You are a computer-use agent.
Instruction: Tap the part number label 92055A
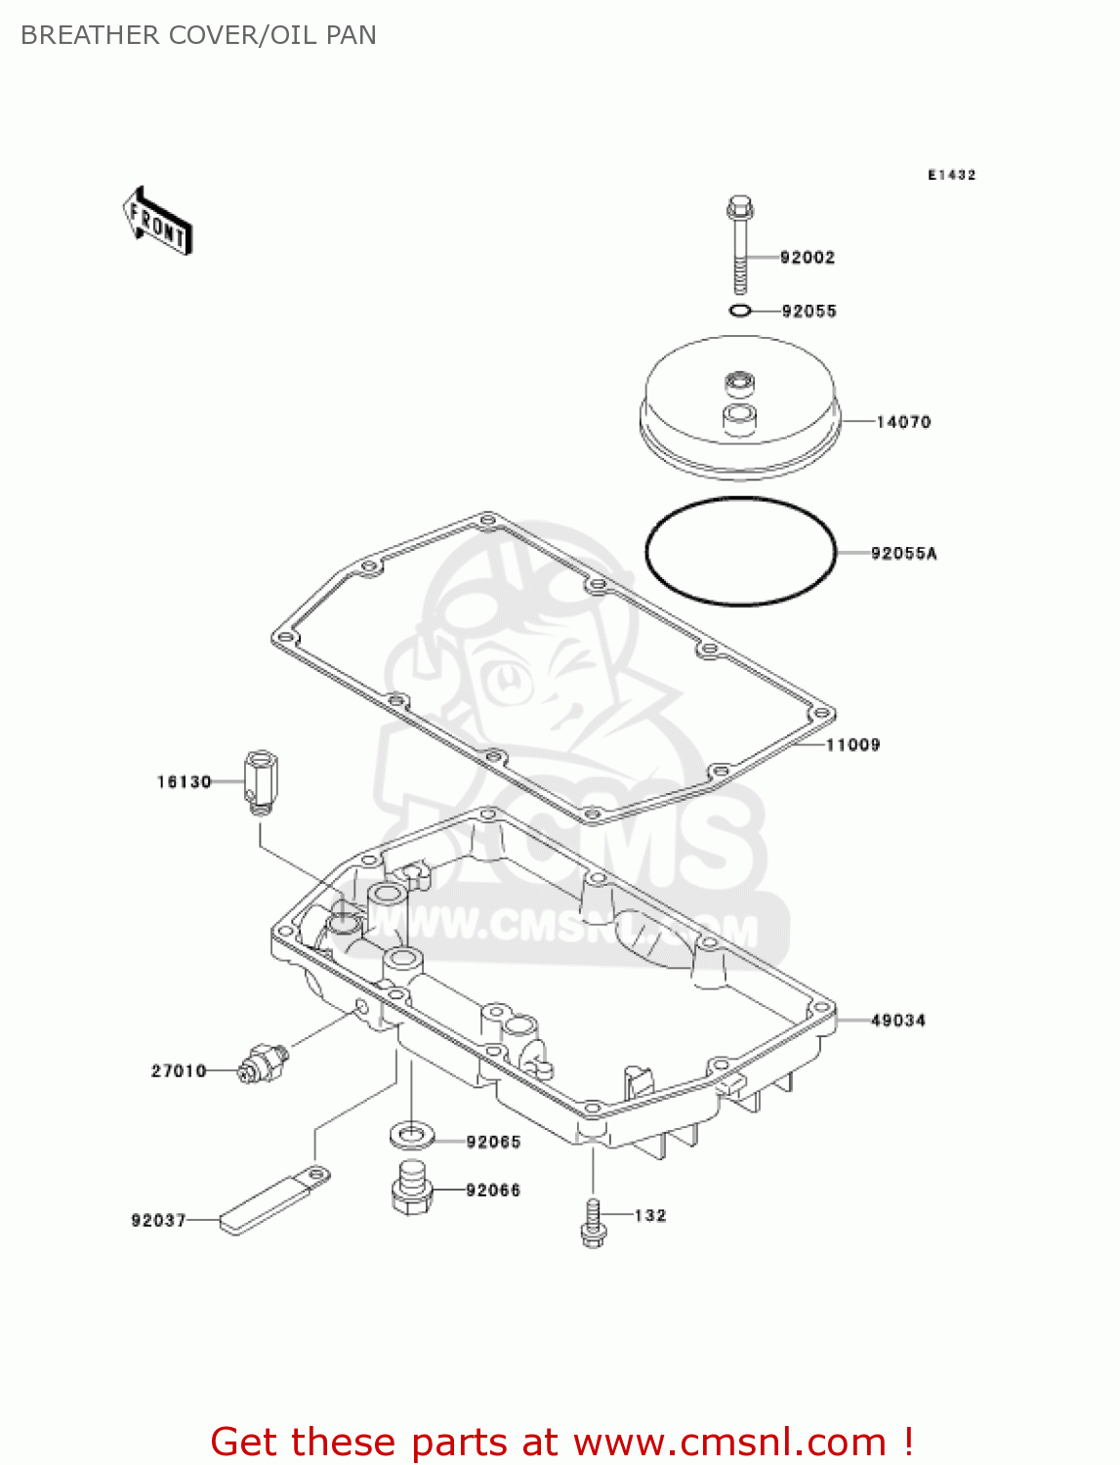pyautogui.click(x=903, y=554)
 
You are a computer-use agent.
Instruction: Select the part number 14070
pyautogui.click(x=903, y=422)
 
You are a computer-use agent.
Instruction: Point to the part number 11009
pyautogui.click(x=852, y=745)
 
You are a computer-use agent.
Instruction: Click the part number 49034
pyautogui.click(x=897, y=1021)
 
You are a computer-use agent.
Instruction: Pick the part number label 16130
pyautogui.click(x=185, y=782)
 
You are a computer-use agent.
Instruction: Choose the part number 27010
pyautogui.click(x=179, y=1071)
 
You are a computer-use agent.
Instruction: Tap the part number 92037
pyautogui.click(x=158, y=1221)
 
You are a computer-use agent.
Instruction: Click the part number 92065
pyautogui.click(x=493, y=1142)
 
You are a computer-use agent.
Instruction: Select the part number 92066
pyautogui.click(x=493, y=1191)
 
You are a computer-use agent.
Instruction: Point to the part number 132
pyautogui.click(x=650, y=1216)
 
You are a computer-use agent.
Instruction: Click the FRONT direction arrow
pyautogui.click(x=157, y=222)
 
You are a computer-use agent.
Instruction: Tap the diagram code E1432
pyautogui.click(x=951, y=175)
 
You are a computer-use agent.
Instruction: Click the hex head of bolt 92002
pyautogui.click(x=740, y=207)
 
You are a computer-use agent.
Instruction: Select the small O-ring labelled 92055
pyautogui.click(x=740, y=312)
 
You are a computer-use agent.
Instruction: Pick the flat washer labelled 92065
pyautogui.click(x=413, y=1135)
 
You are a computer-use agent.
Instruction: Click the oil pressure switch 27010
pyautogui.click(x=263, y=1062)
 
